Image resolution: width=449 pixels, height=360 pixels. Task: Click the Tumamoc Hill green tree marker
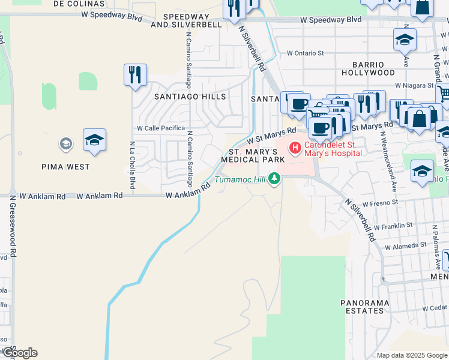(275, 179)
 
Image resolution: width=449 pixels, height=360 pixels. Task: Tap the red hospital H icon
(295, 148)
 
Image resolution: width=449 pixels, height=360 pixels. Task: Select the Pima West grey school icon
(65, 144)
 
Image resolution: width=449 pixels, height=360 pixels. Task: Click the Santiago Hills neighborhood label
(190, 97)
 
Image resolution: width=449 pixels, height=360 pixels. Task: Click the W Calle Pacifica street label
(161, 128)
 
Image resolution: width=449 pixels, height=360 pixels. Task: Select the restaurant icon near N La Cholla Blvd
(135, 75)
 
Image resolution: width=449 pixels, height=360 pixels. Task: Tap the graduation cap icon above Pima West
(95, 140)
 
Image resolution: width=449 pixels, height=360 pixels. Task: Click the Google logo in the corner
(19, 353)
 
